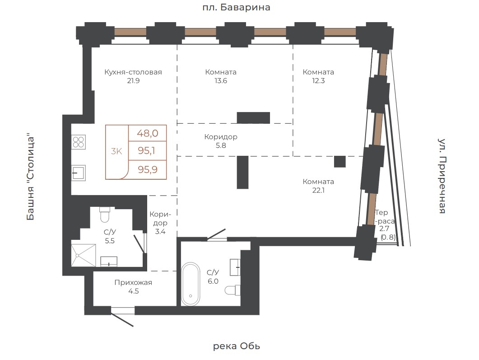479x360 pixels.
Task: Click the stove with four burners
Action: click(79, 142)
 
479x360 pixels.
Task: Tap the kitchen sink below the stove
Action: click(79, 173)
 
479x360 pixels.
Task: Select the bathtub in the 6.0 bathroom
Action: click(191, 284)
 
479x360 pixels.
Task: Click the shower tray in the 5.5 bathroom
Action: click(83, 255)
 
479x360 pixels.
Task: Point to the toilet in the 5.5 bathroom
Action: click(105, 215)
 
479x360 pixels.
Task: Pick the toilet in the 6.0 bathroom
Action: click(233, 290)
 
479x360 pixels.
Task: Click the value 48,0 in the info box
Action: click(148, 133)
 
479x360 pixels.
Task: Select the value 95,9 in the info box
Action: click(148, 169)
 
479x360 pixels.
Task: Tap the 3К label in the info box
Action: click(116, 151)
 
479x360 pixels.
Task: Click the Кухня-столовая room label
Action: click(133, 72)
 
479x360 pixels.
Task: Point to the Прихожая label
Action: click(133, 283)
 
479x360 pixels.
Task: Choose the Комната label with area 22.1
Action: click(318, 182)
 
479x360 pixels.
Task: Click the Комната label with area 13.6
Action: click(221, 72)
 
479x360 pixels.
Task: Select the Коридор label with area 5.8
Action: click(221, 137)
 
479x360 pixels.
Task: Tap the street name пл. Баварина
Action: click(236, 7)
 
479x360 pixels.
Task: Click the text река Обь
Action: click(236, 346)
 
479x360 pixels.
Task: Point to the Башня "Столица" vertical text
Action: click(30, 177)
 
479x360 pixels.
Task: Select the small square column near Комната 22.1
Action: click(339, 162)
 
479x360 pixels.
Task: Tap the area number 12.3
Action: click(318, 81)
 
